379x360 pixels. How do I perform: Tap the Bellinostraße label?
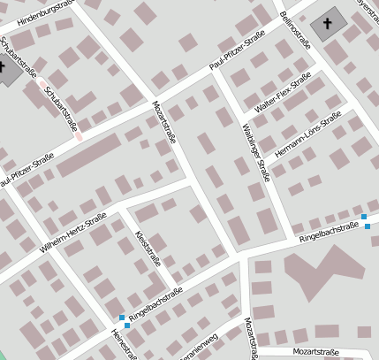click(295, 31)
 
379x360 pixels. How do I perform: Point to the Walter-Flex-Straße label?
click(284, 95)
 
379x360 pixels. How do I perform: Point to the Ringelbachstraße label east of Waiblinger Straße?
click(329, 232)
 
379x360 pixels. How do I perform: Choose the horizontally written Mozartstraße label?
click(315, 352)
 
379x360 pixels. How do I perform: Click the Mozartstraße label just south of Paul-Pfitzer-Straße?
click(166, 123)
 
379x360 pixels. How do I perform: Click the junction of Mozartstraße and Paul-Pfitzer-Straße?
click(155, 94)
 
